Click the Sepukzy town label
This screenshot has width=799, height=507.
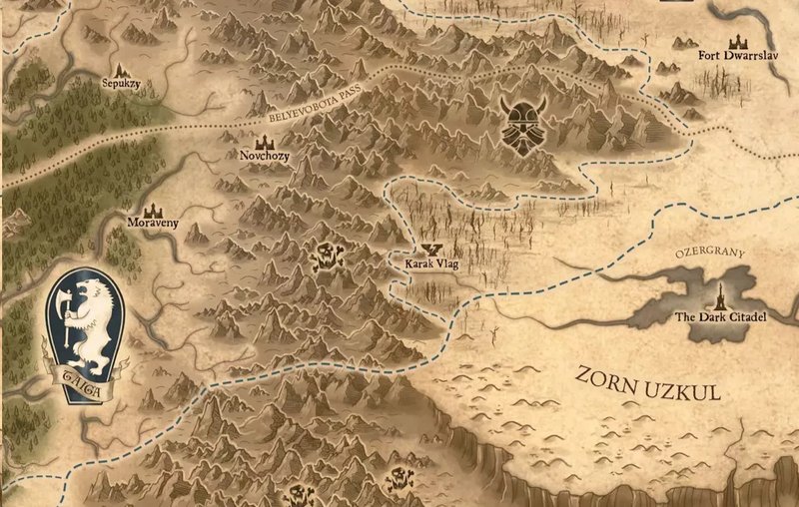pyautogui.click(x=121, y=86)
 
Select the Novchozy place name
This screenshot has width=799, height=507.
pyautogui.click(x=265, y=157)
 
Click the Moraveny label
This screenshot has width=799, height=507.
pyautogui.click(x=154, y=224)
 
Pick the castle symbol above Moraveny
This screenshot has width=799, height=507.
pyautogui.click(x=154, y=210)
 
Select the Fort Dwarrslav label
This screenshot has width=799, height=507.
pyautogui.click(x=736, y=56)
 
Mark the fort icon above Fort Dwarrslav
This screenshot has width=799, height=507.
pyautogui.click(x=739, y=42)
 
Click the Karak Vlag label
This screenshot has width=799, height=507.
pyautogui.click(x=429, y=264)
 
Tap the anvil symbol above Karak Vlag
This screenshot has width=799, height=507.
pyautogui.click(x=431, y=251)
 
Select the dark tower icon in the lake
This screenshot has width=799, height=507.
pyautogui.click(x=720, y=296)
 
